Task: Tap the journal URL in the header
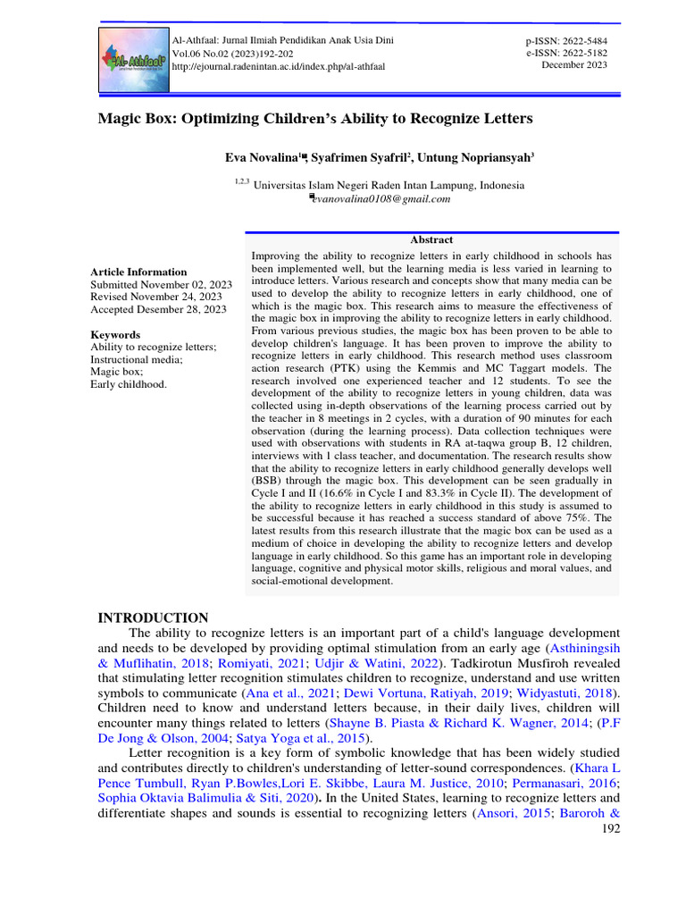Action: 278,67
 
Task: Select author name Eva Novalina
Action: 260,157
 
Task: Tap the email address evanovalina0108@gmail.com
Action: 381,199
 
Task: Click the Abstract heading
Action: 431,239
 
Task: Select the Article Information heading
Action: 138,272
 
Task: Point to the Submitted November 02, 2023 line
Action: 161,284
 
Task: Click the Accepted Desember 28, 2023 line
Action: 158,309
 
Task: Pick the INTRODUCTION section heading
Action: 153,617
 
